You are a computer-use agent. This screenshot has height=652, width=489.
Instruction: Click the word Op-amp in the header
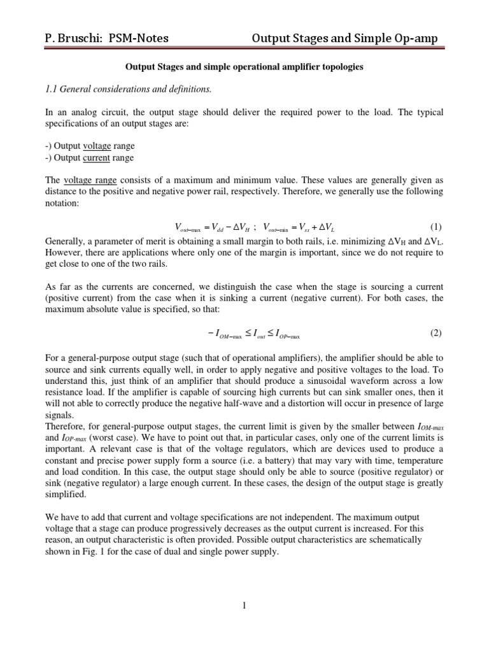point(416,38)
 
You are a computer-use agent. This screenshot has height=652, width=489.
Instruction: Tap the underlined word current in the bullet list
point(97,158)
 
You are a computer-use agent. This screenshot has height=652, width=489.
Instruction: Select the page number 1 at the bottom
point(244,606)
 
